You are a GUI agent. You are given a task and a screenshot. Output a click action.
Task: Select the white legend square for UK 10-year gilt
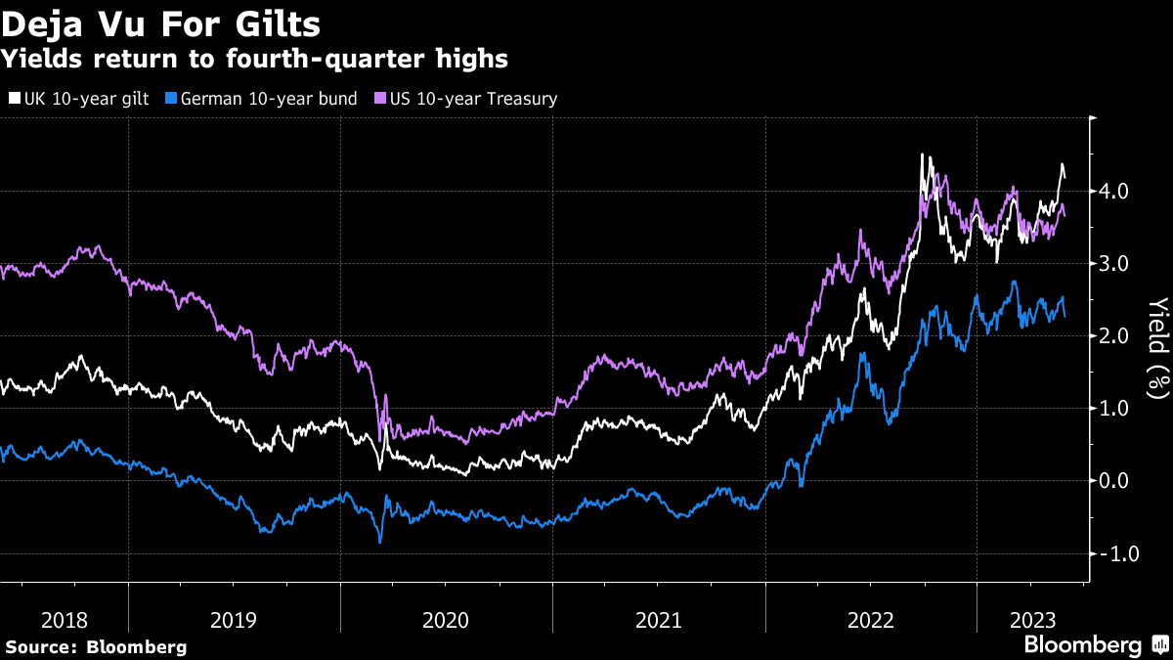click(x=14, y=99)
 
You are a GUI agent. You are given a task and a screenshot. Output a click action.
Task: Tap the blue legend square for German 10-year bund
click(x=172, y=99)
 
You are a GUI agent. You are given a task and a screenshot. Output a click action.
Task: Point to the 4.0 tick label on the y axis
click(x=1116, y=191)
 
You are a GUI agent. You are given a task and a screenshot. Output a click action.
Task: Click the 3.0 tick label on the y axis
click(x=1116, y=263)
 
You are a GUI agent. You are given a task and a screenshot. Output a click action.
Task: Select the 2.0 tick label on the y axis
click(x=1116, y=336)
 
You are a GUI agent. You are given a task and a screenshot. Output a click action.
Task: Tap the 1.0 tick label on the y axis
click(x=1116, y=409)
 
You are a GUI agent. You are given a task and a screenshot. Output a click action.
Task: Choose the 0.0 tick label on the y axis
click(x=1116, y=481)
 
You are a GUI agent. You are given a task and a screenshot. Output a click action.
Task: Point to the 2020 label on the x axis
click(x=446, y=619)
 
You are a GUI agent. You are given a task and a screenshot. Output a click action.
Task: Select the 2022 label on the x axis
click(x=871, y=619)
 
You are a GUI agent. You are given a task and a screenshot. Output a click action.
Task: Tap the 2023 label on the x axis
click(x=1030, y=619)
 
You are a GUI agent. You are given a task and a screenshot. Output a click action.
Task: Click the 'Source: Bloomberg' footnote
click(x=96, y=646)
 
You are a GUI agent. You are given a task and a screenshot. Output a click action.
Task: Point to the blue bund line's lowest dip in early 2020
click(x=379, y=541)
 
